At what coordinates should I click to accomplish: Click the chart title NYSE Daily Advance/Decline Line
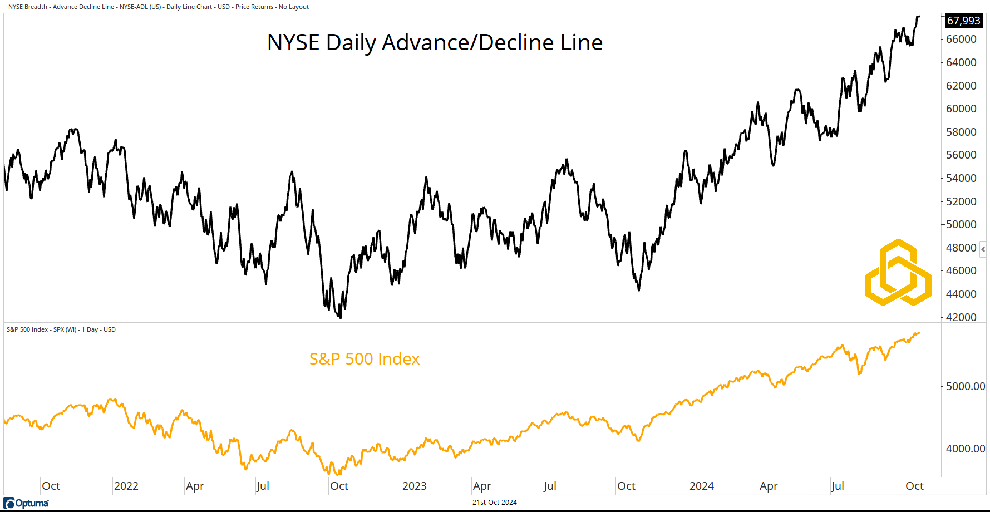coord(435,42)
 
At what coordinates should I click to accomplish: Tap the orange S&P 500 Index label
coord(365,359)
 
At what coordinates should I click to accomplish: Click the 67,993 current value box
coord(963,21)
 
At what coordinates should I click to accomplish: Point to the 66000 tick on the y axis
coord(961,39)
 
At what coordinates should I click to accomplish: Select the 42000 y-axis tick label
coord(961,317)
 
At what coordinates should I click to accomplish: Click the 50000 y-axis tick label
coord(961,224)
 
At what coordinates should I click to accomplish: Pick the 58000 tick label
coord(961,132)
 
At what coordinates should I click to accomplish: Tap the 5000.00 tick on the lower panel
coord(966,386)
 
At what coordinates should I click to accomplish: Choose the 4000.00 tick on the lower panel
coord(966,449)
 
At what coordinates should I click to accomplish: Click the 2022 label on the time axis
coord(126,486)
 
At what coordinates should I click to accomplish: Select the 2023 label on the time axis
coord(415,486)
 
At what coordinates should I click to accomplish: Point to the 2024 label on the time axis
coord(702,486)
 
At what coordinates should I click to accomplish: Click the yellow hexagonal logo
coord(898,273)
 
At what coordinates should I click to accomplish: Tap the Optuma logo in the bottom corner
coord(26,503)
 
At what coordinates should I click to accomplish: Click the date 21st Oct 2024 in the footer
coord(495,503)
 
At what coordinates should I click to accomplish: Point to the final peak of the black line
coord(918,17)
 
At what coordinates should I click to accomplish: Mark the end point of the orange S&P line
coord(919,333)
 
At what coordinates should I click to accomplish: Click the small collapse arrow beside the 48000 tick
coord(983,249)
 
